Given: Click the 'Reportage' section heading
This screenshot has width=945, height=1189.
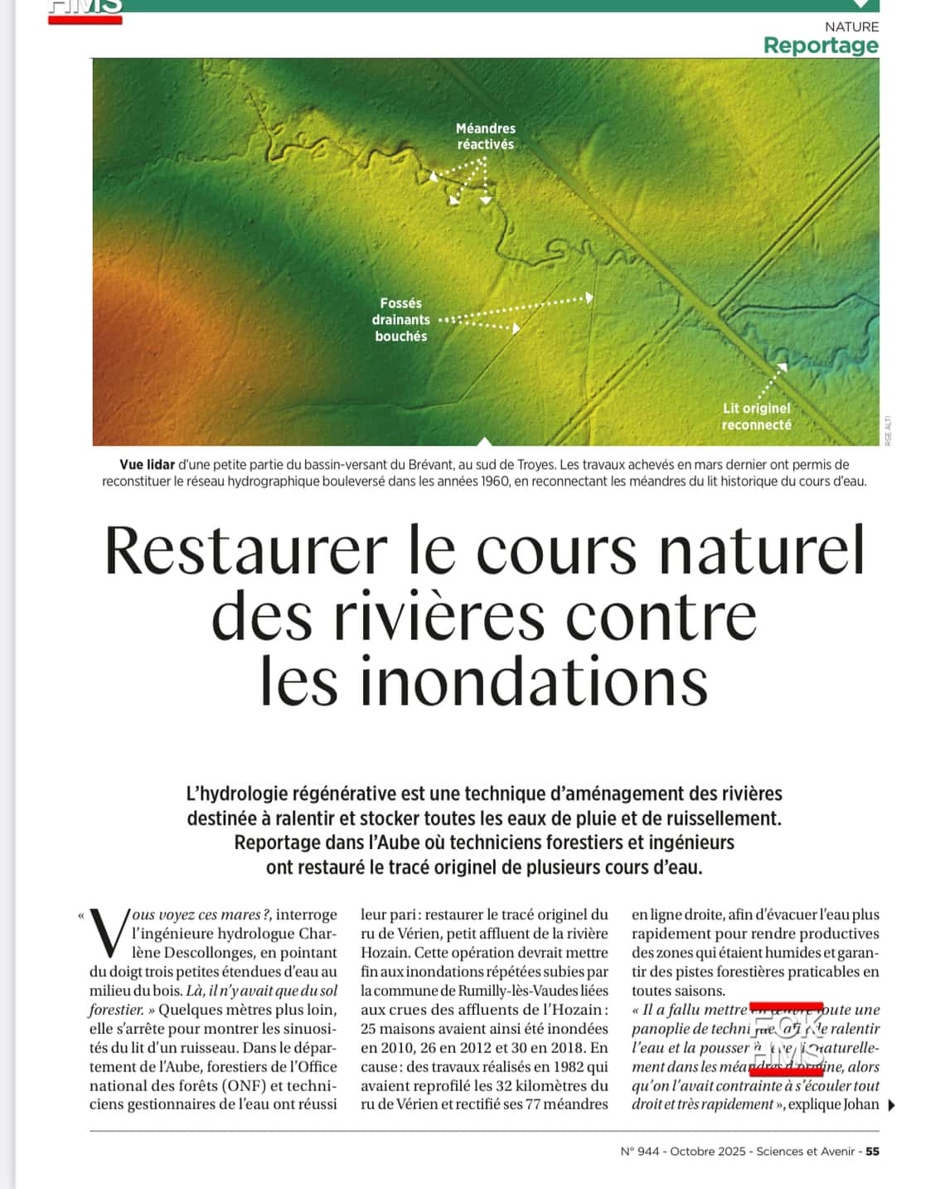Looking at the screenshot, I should (820, 45).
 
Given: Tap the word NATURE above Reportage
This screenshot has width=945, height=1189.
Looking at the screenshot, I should (851, 27).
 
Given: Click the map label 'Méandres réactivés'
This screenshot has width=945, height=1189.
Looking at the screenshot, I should (486, 136).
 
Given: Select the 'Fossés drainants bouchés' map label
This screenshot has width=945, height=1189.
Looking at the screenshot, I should (401, 319).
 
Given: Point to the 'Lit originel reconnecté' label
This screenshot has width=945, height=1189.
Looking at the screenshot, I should (756, 416).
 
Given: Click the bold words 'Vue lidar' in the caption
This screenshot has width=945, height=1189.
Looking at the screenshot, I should (147, 464).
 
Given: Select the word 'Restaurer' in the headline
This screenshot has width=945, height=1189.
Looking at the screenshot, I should (246, 551).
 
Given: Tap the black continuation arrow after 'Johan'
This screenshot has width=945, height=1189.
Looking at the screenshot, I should (891, 1104).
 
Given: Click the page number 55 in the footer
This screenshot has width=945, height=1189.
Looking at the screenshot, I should (872, 1151).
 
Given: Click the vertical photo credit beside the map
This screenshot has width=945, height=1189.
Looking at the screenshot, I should (888, 430).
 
